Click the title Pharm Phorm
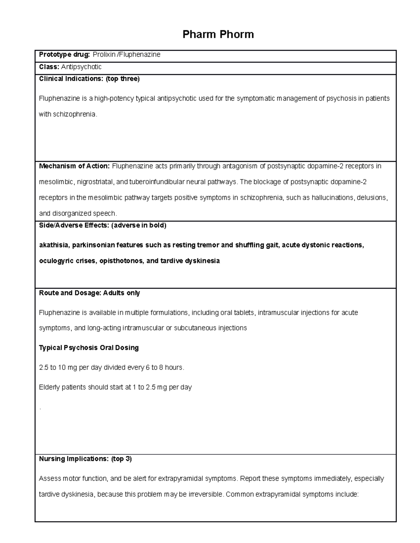click(x=218, y=34)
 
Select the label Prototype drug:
click(x=64, y=55)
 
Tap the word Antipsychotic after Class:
click(x=82, y=67)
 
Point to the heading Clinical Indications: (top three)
click(x=89, y=79)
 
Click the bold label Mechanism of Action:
click(x=75, y=166)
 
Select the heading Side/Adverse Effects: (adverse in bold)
click(x=103, y=226)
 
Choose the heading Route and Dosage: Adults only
click(x=89, y=293)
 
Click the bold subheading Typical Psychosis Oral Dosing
click(x=89, y=348)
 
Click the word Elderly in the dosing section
click(x=49, y=387)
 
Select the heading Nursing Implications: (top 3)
click(x=85, y=459)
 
